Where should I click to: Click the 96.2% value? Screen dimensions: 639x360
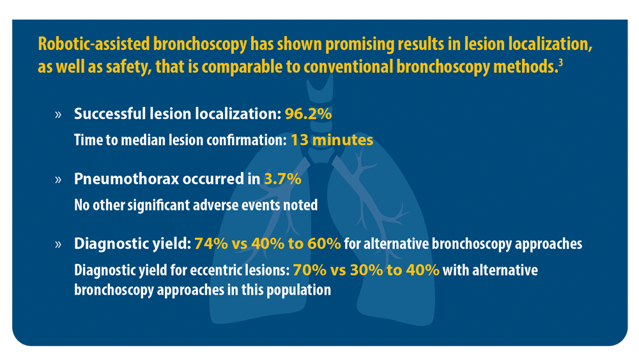[308, 114]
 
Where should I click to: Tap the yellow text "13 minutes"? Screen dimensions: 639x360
[332, 140]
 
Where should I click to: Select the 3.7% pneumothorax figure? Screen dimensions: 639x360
[283, 178]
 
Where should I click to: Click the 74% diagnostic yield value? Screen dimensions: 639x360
[211, 244]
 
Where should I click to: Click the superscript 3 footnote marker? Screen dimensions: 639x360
[561, 63]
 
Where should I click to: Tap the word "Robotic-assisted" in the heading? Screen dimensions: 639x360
[94, 44]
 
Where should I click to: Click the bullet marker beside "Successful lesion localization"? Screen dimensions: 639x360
[58, 114]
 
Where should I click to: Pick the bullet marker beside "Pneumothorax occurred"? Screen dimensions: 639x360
[58, 180]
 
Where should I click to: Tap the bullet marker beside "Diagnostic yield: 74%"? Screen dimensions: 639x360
[58, 244]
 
